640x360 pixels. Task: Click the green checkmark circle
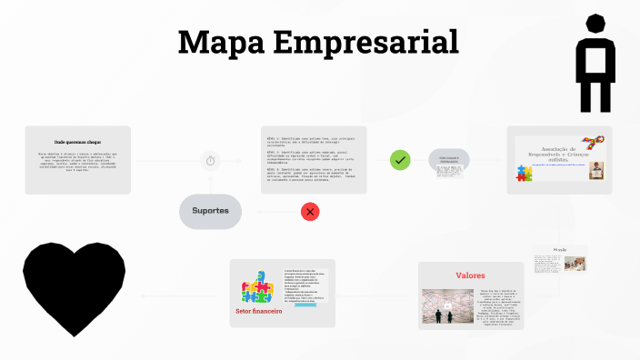coord(400,160)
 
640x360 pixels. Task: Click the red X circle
coord(311,212)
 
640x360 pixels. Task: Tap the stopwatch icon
coord(211,161)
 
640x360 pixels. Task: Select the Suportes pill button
coord(210,211)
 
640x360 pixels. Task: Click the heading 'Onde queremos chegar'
coord(77,143)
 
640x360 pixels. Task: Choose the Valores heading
coord(470,275)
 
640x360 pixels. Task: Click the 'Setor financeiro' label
coord(259,310)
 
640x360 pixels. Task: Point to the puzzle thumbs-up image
coord(258,286)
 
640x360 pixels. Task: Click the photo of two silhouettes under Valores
coord(445,305)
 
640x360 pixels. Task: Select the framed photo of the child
coord(596,171)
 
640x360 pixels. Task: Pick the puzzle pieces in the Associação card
coord(525,174)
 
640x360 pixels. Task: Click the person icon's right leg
coord(606,93)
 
